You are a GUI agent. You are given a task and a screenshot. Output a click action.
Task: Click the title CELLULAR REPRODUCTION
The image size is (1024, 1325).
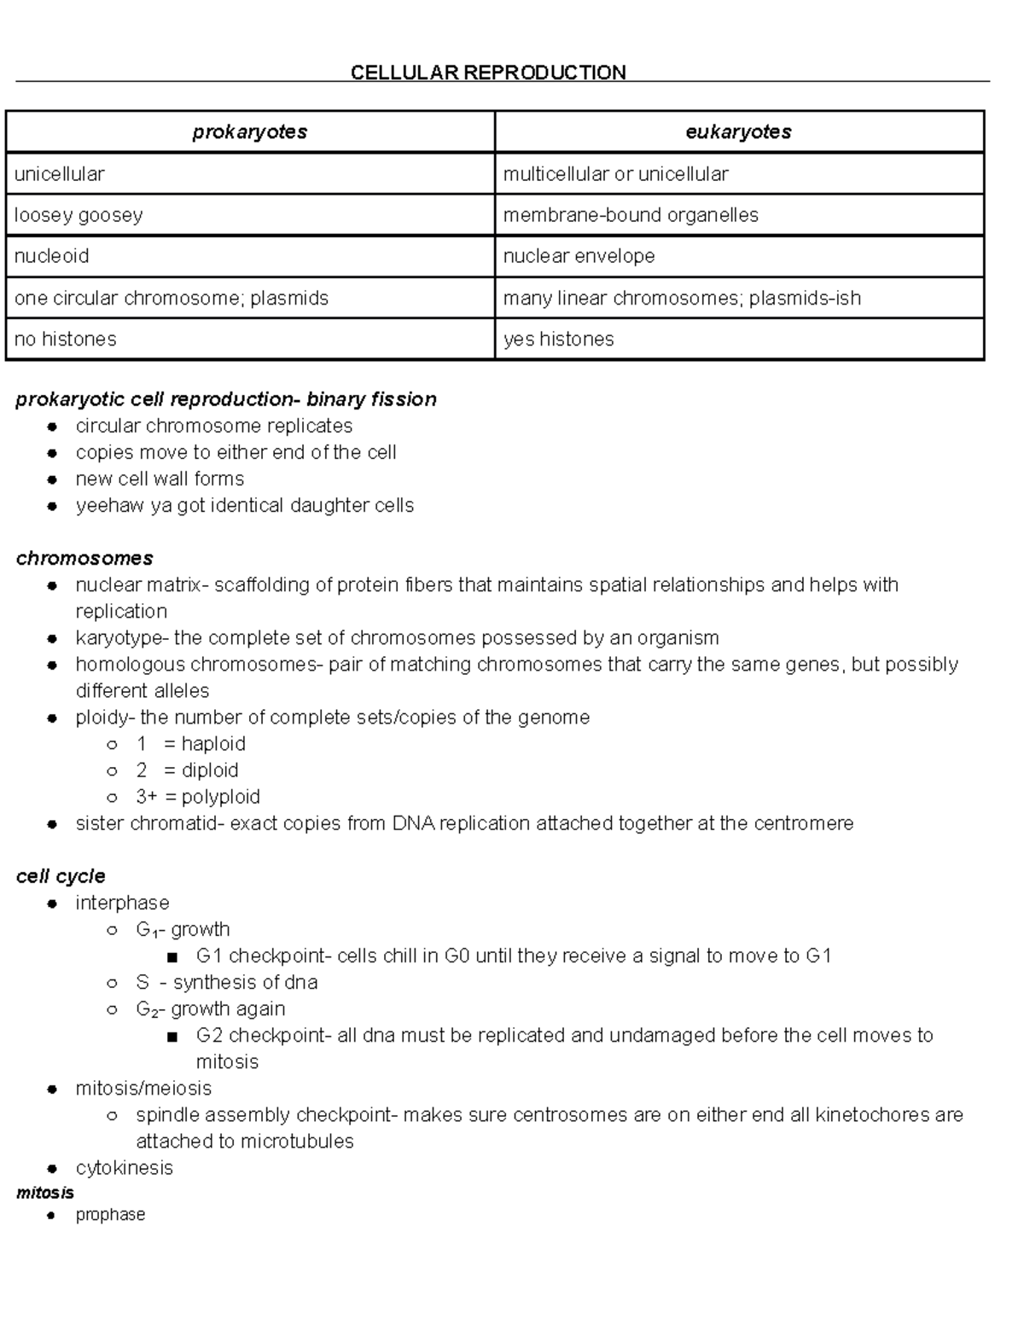[x=488, y=73]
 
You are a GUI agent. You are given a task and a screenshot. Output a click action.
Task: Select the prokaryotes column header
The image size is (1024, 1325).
[x=249, y=132]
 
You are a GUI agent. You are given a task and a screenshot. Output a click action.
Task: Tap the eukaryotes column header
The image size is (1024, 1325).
[x=738, y=132]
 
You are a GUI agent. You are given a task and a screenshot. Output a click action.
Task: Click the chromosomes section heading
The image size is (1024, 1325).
[x=84, y=558]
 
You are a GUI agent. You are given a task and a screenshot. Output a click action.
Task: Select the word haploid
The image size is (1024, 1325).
[x=213, y=744]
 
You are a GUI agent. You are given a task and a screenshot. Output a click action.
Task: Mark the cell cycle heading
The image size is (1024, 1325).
[x=61, y=876]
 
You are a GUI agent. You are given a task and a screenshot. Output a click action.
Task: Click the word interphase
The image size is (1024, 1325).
[x=122, y=903]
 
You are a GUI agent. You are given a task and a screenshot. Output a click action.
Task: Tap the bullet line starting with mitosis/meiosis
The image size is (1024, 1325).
[x=143, y=1089]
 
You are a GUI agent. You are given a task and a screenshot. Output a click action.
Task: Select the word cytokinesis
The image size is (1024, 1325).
[x=124, y=1168]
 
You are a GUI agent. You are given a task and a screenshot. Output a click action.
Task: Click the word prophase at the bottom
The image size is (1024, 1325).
[x=110, y=1214]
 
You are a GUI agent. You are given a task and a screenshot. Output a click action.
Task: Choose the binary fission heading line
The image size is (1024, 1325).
[x=226, y=399]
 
